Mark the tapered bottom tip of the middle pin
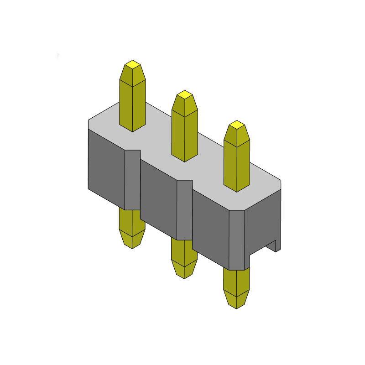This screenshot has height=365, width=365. [x=184, y=269]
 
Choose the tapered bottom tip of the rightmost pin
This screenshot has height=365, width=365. [x=236, y=298]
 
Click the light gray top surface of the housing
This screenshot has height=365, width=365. [x=205, y=155]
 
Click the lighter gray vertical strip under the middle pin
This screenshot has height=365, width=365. [x=184, y=209]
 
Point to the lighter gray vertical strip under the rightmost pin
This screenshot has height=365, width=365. [x=236, y=240]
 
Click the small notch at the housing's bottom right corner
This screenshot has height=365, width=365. [x=272, y=247]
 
